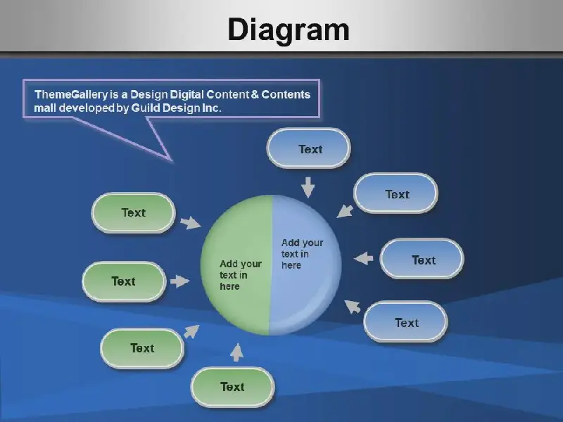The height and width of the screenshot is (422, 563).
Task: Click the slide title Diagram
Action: click(289, 30)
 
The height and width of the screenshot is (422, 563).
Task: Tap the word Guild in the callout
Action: click(146, 108)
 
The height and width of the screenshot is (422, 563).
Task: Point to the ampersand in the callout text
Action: click(255, 94)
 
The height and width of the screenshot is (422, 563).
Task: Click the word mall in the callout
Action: click(45, 108)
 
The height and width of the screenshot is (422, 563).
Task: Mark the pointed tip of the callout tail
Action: click(171, 160)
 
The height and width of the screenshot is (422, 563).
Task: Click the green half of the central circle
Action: click(235, 265)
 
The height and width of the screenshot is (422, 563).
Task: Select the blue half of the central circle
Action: click(305, 265)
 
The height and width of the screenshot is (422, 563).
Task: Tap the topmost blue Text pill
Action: click(309, 148)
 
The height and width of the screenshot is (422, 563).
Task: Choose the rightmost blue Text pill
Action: click(422, 259)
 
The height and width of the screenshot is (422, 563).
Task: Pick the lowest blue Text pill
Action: click(406, 321)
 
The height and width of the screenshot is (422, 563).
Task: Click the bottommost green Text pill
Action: click(233, 387)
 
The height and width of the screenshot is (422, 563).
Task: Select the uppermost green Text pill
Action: click(134, 213)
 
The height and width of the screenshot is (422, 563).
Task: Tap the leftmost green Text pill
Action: click(125, 281)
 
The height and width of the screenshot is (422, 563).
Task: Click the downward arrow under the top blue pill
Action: click(308, 187)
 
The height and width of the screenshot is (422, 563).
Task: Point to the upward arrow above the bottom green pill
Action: click(236, 352)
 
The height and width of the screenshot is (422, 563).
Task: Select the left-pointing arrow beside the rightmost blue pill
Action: click(364, 258)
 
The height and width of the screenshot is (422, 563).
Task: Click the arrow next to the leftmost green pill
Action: click(179, 281)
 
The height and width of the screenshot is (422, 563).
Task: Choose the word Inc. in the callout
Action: click(212, 108)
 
